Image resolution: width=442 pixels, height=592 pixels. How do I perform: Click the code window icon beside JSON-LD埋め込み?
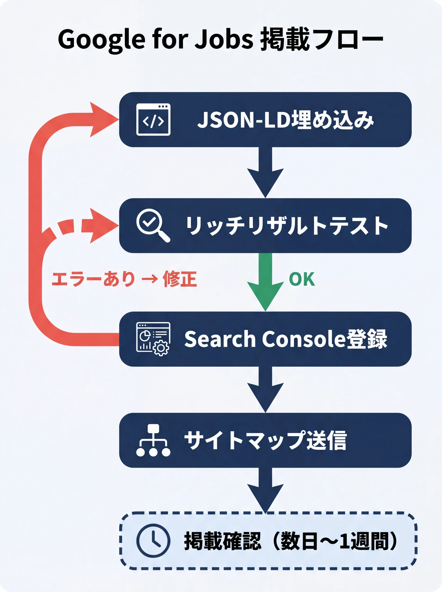(x=153, y=120)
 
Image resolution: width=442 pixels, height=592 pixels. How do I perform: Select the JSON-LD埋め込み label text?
(x=285, y=120)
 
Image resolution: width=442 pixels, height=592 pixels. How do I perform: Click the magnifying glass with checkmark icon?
(x=152, y=225)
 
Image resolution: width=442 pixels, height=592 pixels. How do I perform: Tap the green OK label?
(x=302, y=279)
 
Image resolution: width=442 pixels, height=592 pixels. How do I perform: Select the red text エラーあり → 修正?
(x=124, y=279)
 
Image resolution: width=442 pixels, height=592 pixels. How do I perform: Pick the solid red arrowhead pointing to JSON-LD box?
(x=102, y=119)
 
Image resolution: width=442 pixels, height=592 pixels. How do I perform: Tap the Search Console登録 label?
(x=285, y=339)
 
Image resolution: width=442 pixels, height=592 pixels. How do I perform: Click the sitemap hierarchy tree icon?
(x=153, y=440)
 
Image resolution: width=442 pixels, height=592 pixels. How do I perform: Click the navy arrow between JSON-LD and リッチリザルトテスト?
(x=265, y=174)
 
